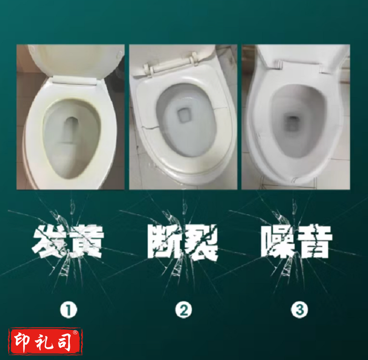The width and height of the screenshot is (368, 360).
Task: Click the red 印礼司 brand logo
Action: click(x=46, y=342)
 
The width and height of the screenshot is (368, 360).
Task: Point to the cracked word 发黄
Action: click(x=68, y=242)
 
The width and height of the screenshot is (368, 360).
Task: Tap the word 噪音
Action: click(x=297, y=242)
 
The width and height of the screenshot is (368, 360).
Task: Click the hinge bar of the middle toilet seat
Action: click(x=171, y=65)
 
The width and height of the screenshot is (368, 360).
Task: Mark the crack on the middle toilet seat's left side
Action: click(x=150, y=128)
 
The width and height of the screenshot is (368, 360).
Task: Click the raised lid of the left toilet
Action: click(x=75, y=62)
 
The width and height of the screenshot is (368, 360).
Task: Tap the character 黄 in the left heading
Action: click(x=86, y=242)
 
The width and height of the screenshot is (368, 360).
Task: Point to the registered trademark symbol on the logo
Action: click(x=75, y=332)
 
